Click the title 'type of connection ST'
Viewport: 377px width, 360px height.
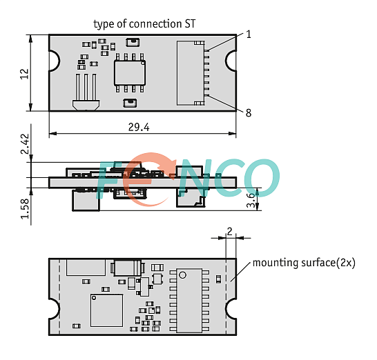[x=144, y=24]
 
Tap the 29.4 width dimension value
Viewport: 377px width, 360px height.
[x=139, y=127]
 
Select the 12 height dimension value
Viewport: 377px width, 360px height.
[x=24, y=74]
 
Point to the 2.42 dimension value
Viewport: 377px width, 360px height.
[x=25, y=144]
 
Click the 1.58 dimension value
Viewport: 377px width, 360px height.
[x=25, y=209]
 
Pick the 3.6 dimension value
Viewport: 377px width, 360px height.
[x=251, y=200]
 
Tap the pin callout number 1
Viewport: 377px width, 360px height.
[x=249, y=34]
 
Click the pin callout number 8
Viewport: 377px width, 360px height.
[x=249, y=113]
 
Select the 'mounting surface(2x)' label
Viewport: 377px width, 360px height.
[x=304, y=263]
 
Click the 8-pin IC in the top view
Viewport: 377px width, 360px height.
[x=130, y=73]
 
